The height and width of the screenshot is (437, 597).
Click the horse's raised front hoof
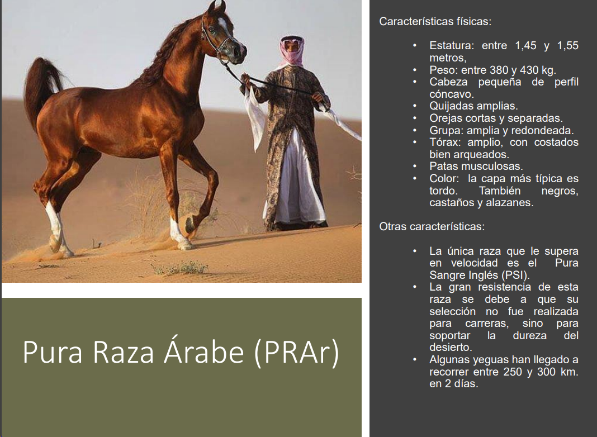coord(189,225)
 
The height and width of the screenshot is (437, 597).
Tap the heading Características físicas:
coord(435,21)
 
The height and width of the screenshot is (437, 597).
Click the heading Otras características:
coord(432,226)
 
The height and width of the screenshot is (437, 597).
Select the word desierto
coord(451,347)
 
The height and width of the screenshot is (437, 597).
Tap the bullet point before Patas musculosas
coord(415,167)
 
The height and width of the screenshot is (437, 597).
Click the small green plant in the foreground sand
coord(181,268)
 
